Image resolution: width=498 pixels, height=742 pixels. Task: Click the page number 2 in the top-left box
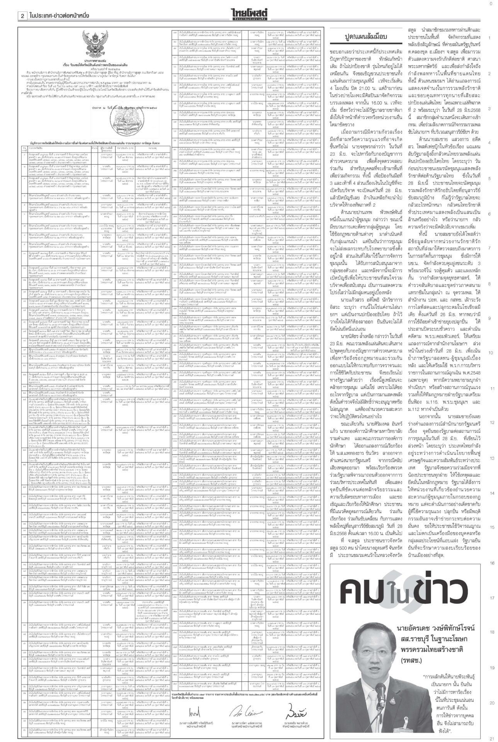point(23,15)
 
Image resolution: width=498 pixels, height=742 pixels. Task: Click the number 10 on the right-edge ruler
point(490,353)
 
